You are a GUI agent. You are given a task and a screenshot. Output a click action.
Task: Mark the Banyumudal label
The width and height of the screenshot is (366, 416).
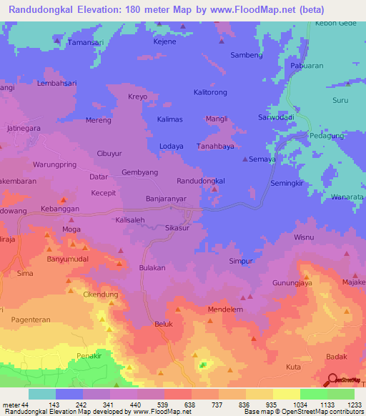pyautogui.click(x=69, y=259)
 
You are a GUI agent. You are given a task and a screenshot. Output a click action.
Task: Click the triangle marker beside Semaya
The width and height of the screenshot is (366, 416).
pyautogui.click(x=245, y=159)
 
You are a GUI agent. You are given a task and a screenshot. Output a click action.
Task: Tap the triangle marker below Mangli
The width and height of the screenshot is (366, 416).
pyautogui.click(x=214, y=130)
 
